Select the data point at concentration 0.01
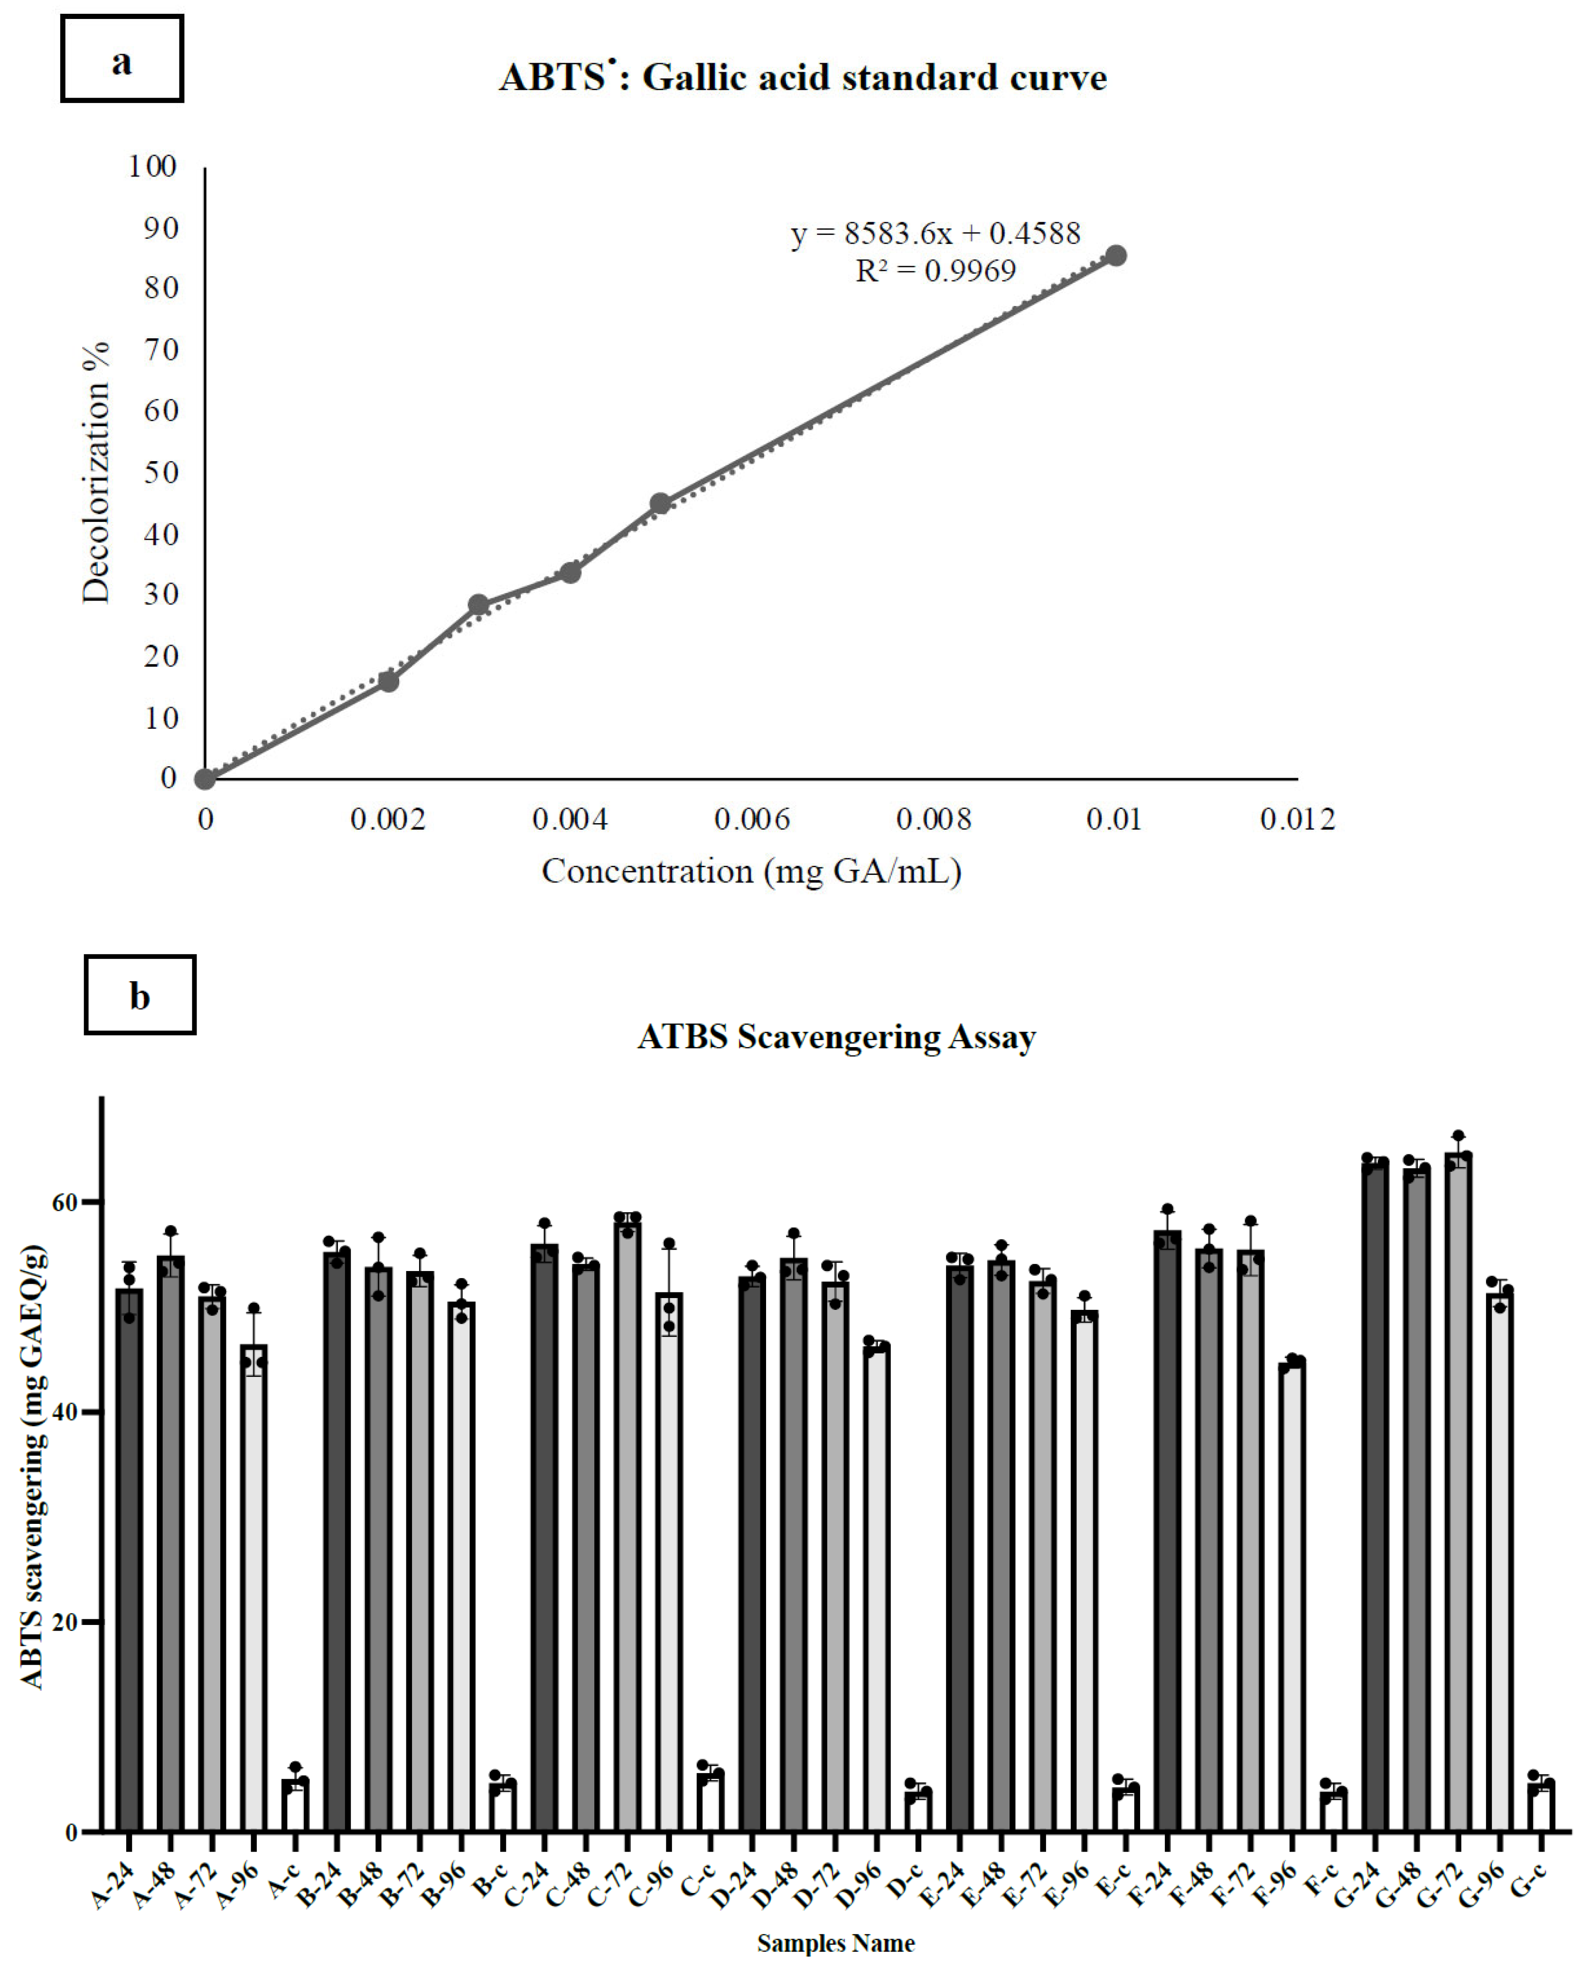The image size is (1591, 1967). (x=1115, y=256)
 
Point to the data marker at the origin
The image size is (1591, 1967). (x=206, y=779)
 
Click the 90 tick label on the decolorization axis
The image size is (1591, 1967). (x=160, y=228)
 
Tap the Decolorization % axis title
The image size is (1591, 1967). (x=95, y=472)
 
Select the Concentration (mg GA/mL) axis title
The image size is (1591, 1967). (x=751, y=871)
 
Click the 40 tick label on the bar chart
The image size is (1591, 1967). (x=64, y=1412)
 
